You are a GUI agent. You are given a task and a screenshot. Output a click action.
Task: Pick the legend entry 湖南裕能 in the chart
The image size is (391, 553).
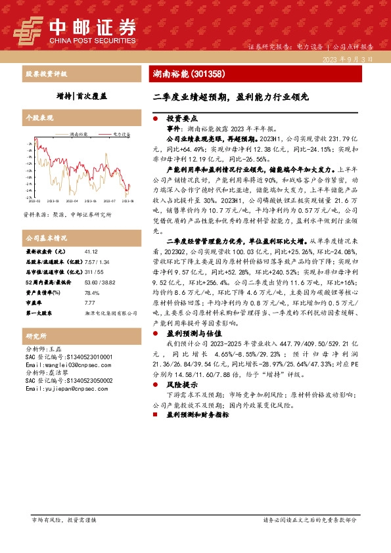coord(79,133)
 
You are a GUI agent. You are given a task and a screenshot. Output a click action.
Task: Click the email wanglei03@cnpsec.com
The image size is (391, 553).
coord(63,365)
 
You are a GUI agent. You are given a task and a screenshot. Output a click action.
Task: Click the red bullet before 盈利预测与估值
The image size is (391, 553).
coord(155,334)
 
